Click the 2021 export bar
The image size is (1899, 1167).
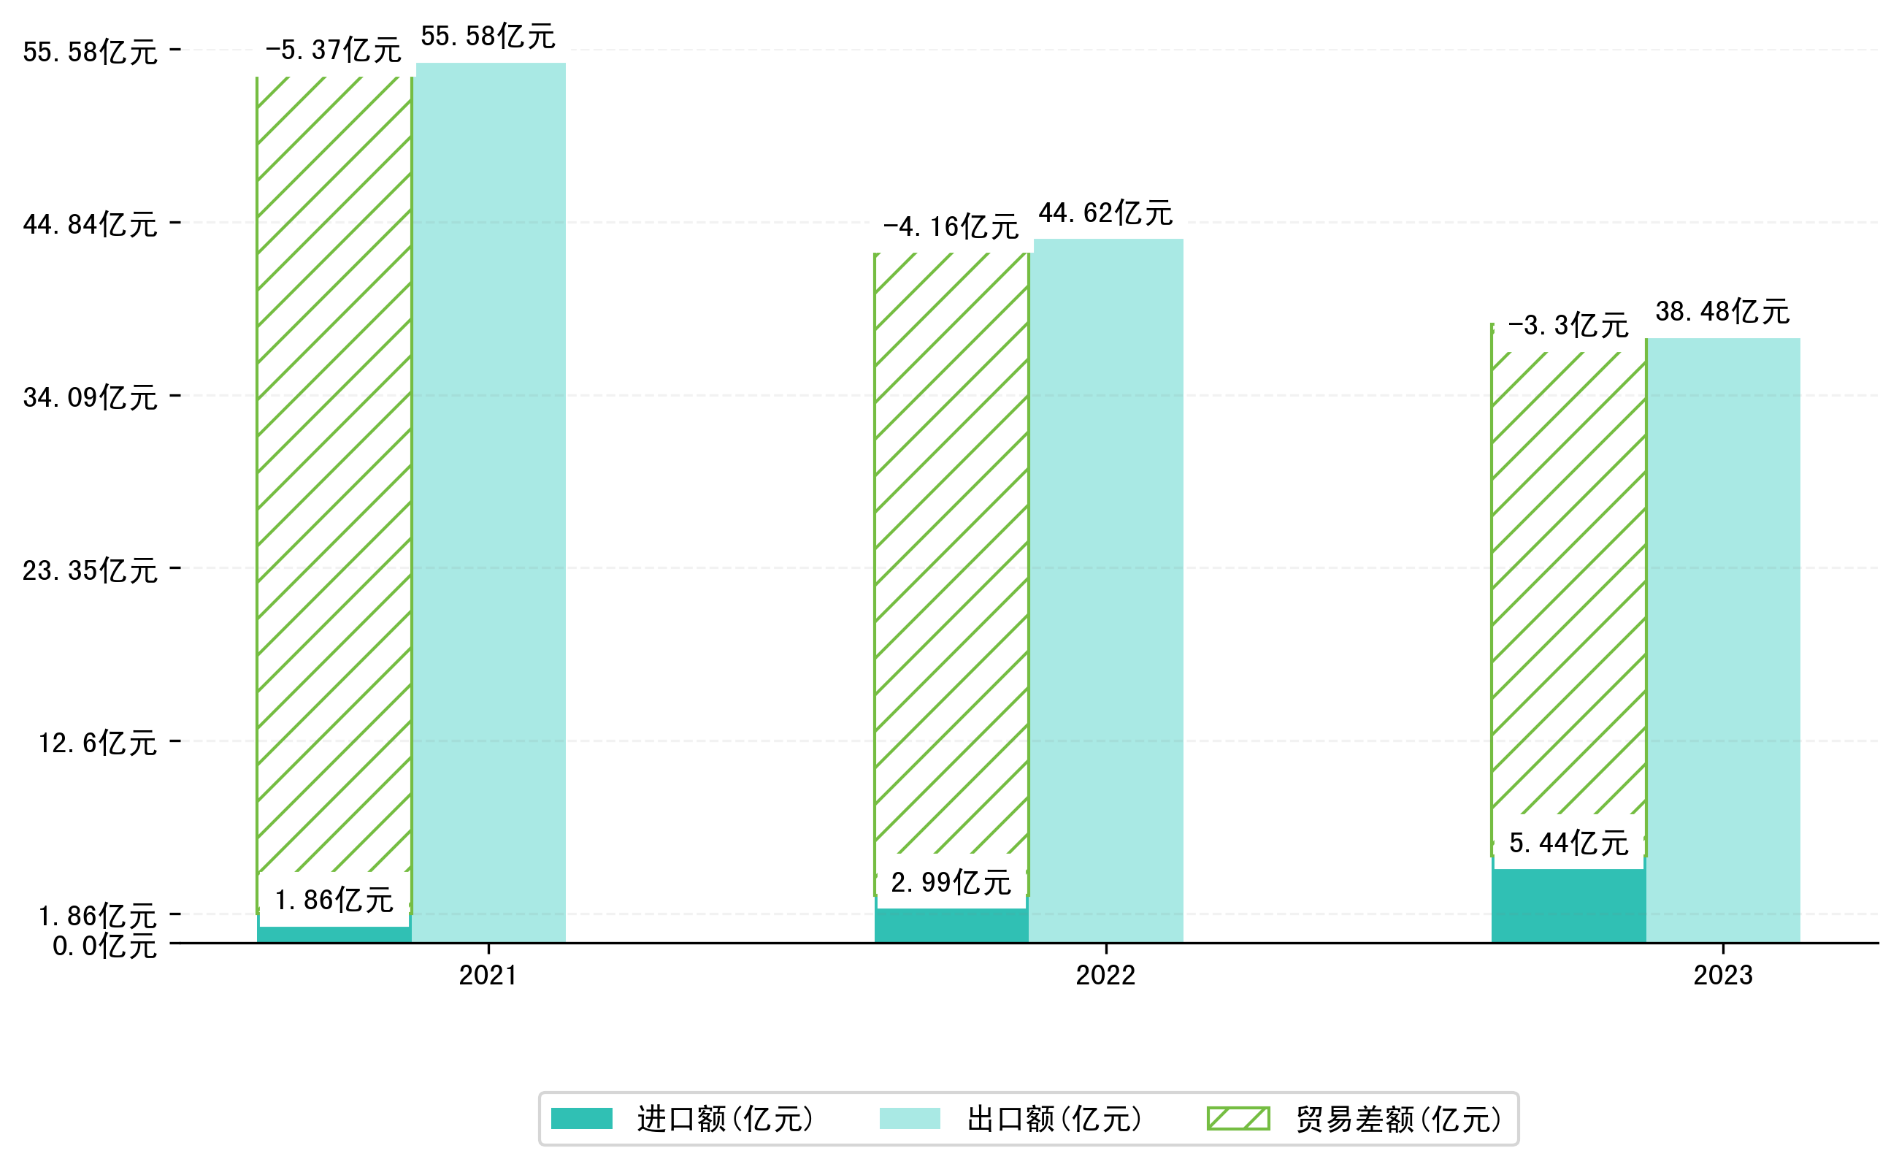point(490,502)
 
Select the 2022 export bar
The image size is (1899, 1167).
point(1108,591)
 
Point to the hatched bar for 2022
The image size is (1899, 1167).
point(951,556)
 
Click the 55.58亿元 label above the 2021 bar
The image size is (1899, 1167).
point(488,37)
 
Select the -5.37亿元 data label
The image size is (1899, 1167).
point(334,50)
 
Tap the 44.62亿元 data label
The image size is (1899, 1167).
point(1105,213)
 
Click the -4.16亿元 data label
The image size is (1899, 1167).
point(951,227)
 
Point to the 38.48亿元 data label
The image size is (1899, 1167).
point(1722,312)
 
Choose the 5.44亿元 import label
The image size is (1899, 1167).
point(1568,843)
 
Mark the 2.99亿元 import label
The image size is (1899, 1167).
point(951,883)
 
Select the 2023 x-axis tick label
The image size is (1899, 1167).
point(1722,976)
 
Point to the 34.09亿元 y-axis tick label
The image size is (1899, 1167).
point(91,397)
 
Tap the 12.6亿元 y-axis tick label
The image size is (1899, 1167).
point(98,743)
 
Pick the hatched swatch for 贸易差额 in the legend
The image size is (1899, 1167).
point(1238,1118)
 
